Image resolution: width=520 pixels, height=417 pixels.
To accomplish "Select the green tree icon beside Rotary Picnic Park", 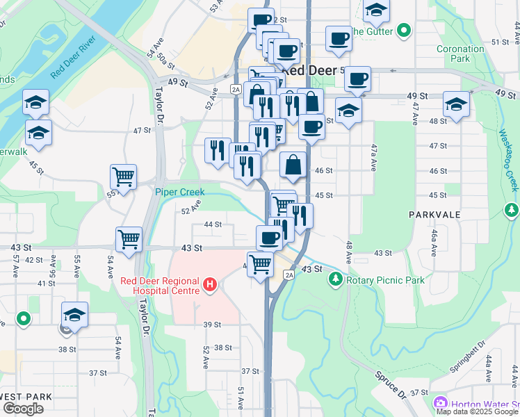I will click(336, 279).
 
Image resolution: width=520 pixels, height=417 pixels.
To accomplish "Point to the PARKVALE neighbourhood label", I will click(434, 215).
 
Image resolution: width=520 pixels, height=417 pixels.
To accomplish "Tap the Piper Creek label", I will click(177, 191).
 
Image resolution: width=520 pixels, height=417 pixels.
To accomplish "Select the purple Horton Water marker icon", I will click(440, 404).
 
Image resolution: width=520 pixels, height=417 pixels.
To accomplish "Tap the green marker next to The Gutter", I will click(404, 31).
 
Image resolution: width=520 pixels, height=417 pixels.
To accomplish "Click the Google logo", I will click(23, 409).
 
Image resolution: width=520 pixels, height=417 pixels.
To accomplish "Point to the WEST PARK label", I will click(26, 397).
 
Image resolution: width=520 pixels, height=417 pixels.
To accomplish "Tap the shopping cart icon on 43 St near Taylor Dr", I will click(129, 240).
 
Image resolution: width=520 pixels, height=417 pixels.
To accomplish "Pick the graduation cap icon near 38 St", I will click(75, 314).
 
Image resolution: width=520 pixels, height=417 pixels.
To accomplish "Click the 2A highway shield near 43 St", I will click(289, 275).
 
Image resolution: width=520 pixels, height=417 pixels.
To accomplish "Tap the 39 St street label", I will click(212, 325).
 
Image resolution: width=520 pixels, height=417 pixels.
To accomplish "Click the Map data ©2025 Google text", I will click(478, 411).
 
